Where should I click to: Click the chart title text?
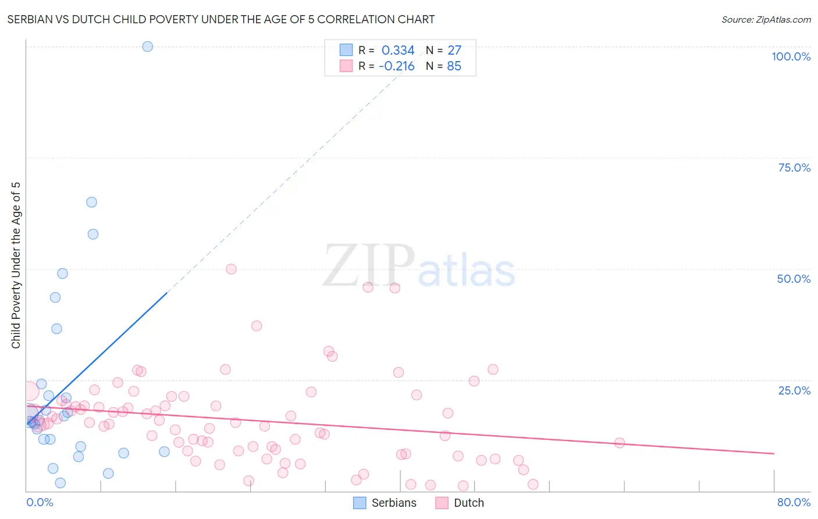point(220,19)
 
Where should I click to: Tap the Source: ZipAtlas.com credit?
point(766,19)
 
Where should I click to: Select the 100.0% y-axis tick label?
point(791,56)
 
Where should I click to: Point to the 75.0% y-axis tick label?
point(794,168)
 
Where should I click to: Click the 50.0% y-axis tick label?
point(794,279)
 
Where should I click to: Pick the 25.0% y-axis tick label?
point(794,390)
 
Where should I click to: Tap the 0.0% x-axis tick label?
point(40,502)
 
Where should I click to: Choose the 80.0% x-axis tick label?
point(794,502)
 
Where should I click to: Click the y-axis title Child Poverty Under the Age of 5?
point(16,265)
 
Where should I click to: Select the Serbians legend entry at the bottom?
point(385,503)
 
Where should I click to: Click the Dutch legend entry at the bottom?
point(460,503)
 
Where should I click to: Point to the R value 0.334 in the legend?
point(398,51)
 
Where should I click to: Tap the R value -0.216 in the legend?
point(397,66)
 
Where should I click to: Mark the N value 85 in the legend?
point(454,66)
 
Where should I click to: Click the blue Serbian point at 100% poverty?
point(148,47)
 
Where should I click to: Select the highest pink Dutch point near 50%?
point(231,269)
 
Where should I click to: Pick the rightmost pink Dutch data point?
point(620,443)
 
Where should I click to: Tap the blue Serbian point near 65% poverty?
point(91,202)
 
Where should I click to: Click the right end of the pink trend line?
point(774,453)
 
